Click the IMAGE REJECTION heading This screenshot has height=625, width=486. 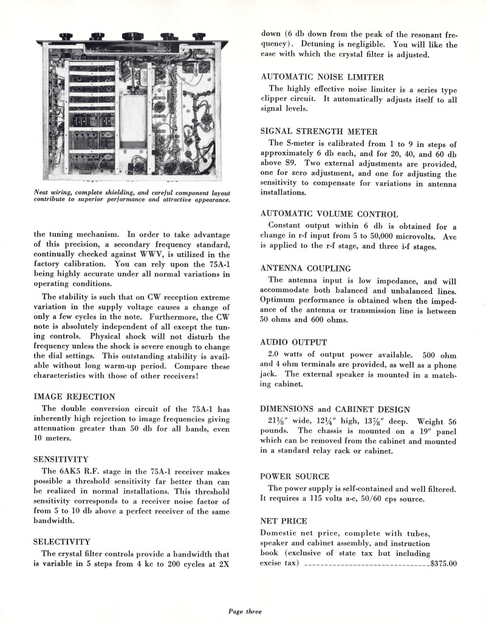point(74,397)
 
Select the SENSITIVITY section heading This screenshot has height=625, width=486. point(61,459)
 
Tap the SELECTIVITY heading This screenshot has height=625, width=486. point(61,541)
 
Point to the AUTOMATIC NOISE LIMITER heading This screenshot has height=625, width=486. point(322,77)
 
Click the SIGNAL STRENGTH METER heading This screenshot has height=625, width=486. point(319,131)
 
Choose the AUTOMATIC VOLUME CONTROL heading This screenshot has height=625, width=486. point(329,214)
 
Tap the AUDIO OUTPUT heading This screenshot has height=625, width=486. point(293,343)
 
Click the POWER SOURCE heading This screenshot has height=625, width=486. point(295,476)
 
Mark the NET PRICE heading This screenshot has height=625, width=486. point(283,521)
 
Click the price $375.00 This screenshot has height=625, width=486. point(443,564)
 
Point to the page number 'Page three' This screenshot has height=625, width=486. point(245,611)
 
